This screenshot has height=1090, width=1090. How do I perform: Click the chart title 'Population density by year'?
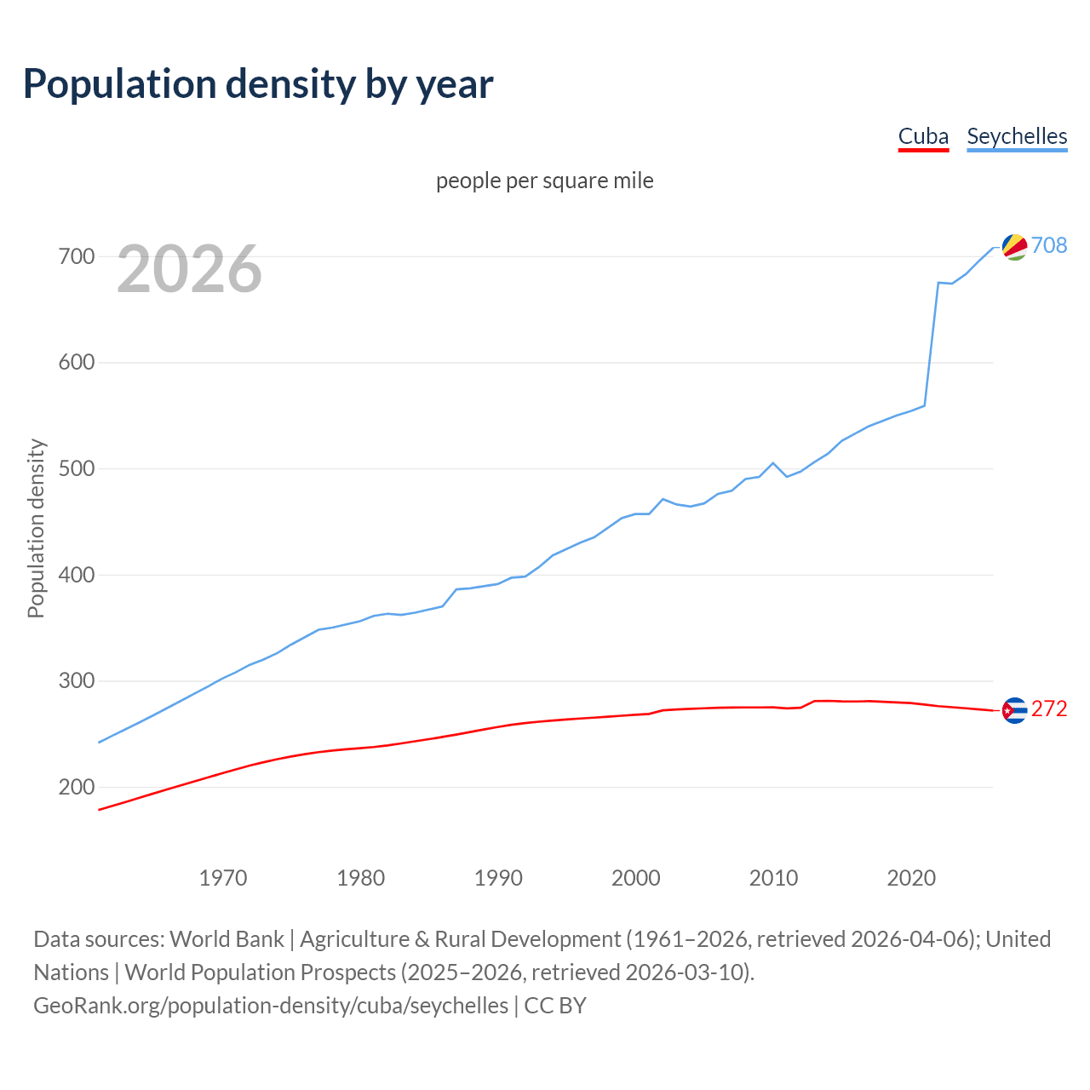pos(258,84)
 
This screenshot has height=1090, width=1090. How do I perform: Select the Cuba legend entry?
pos(923,137)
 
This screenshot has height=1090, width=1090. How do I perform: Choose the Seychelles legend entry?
pos(1017,137)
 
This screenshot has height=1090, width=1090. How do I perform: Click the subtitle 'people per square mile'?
pos(545,181)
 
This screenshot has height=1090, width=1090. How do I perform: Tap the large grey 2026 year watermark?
pos(189,270)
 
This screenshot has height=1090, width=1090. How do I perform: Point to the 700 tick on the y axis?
pos(77,256)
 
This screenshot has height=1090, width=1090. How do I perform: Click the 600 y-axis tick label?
pos(77,363)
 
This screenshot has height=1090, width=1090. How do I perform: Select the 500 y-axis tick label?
pos(77,469)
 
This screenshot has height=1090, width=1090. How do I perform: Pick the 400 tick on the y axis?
pos(77,576)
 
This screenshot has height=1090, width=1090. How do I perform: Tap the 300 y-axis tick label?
pos(77,681)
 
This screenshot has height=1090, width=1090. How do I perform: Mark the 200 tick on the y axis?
pos(77,788)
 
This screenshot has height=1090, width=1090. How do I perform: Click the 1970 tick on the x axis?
pos(223,878)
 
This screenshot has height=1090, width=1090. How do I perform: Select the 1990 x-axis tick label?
pos(498,878)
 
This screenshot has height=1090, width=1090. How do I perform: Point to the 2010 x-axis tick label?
pos(773,878)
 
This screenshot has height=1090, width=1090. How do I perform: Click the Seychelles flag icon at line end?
pos(1014,247)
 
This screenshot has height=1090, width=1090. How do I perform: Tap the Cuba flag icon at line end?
pos(1014,710)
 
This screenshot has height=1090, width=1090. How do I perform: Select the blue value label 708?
pos(1049,246)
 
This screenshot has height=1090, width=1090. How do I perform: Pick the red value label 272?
pos(1049,709)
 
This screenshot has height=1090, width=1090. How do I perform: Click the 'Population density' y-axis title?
pos(36,528)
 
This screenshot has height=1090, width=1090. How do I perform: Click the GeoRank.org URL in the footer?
pos(271,1006)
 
